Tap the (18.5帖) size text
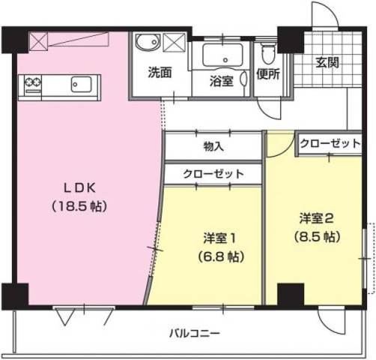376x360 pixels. point(77,205)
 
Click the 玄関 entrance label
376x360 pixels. point(327,61)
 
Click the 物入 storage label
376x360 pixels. point(213,145)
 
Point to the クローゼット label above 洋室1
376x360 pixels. point(214,173)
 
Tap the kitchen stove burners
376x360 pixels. point(34,80)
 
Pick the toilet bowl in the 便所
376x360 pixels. point(267,52)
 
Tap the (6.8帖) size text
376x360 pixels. point(219,256)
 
